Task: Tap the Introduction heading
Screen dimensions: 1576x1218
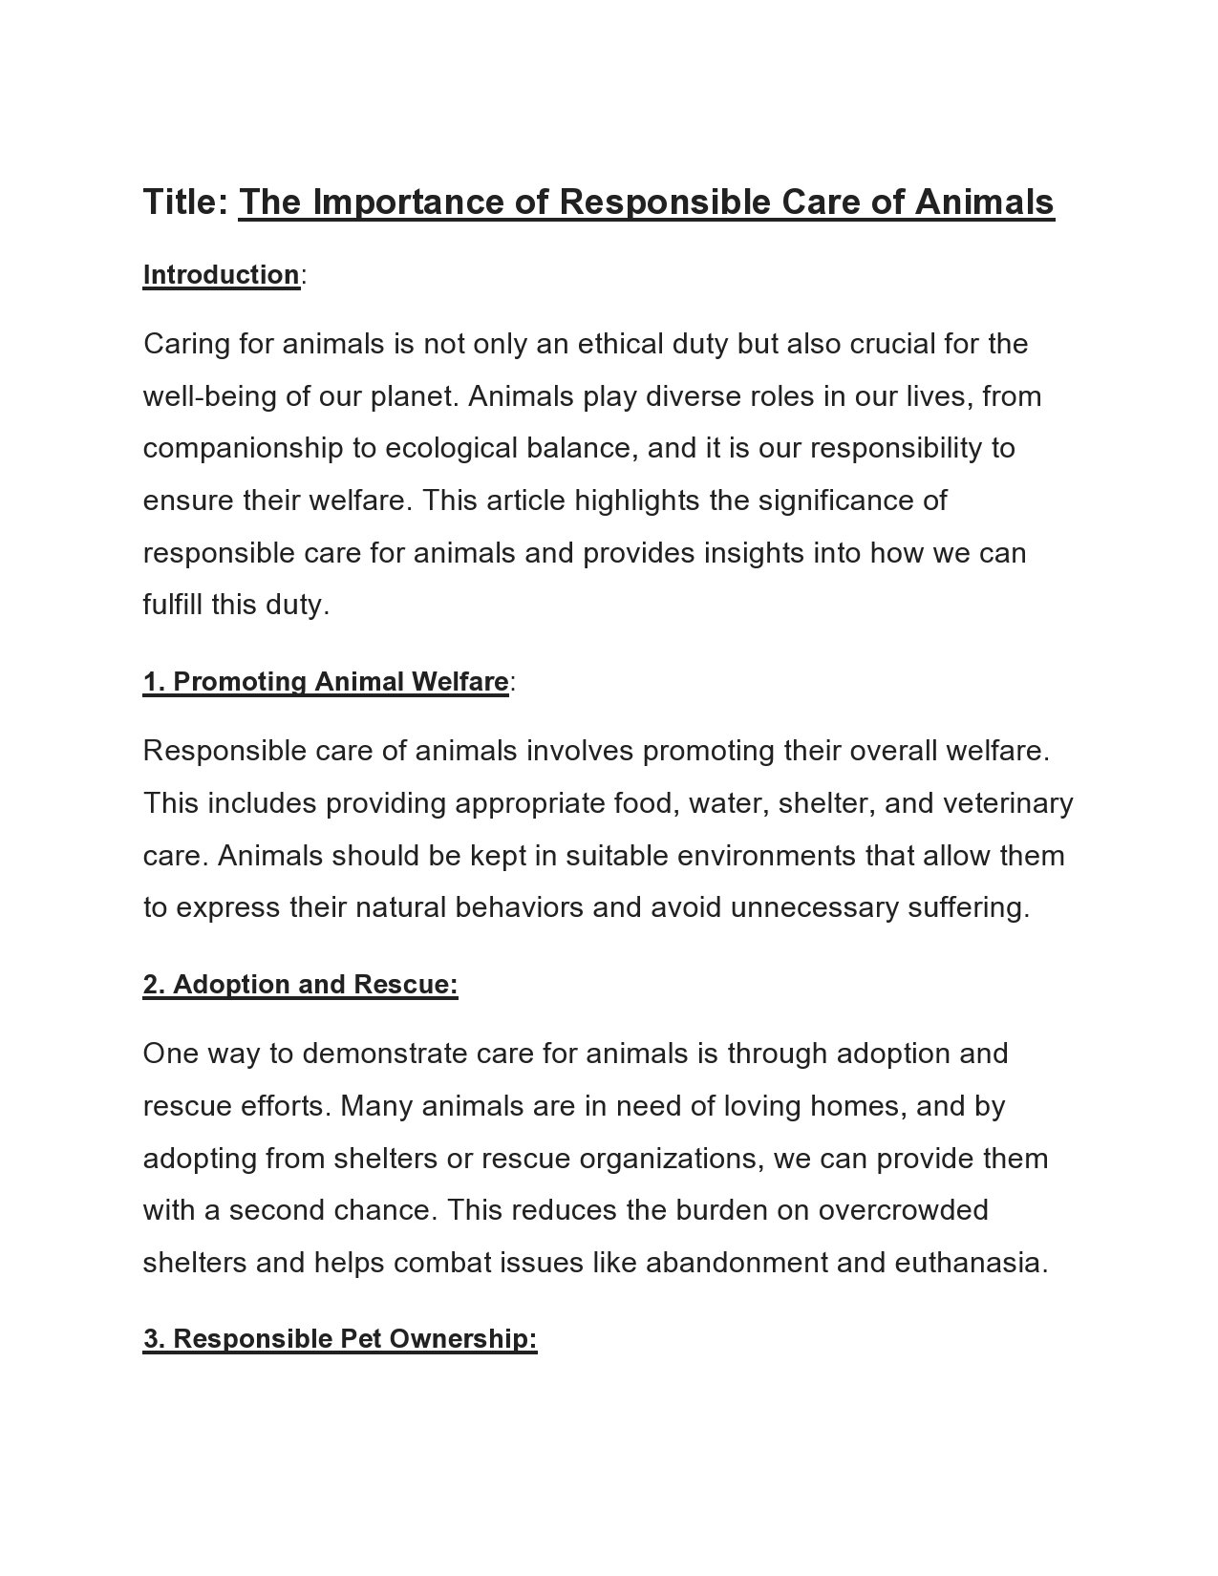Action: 222,275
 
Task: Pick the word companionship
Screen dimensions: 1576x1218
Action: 243,449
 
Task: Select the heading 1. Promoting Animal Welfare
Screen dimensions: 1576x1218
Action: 326,682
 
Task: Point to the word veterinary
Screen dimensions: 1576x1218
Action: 1008,803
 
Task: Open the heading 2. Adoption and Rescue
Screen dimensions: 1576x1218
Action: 301,985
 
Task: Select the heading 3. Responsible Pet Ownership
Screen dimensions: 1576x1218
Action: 340,1339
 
